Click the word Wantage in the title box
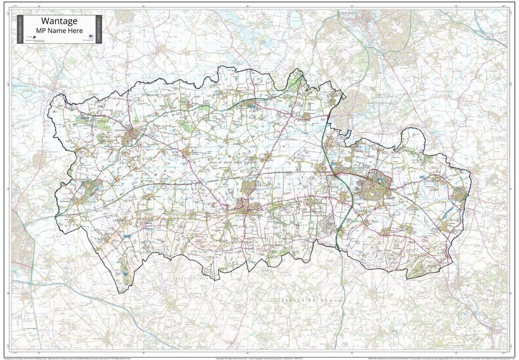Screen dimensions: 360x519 click(x=57, y=21)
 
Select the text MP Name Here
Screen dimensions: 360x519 click(x=57, y=30)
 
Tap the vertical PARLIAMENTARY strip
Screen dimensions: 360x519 click(x=21, y=29)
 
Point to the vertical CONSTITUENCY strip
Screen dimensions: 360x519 click(x=98, y=29)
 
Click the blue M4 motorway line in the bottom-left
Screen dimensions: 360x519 click(x=52, y=291)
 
